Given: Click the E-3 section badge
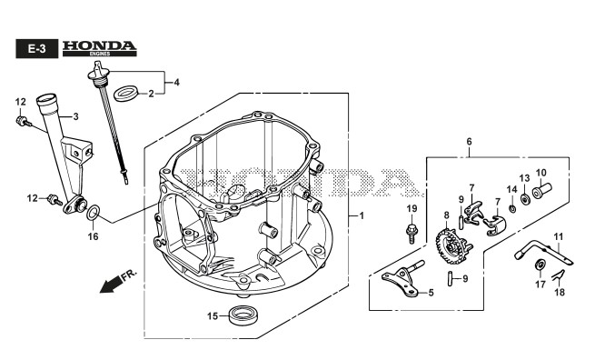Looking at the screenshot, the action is click(37, 48).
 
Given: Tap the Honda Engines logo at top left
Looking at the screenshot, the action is click(99, 48).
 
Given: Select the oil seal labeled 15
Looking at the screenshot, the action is click(243, 315).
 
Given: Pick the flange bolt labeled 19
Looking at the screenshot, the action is click(411, 233).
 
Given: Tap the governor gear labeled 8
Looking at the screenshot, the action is click(453, 246).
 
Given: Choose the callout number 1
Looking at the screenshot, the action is click(362, 216).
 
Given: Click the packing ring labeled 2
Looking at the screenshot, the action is click(126, 94).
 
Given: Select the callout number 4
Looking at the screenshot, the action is click(176, 83).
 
